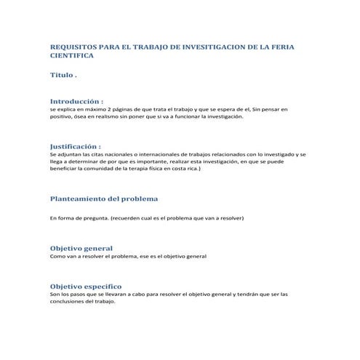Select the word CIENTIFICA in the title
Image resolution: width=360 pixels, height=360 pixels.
click(71, 55)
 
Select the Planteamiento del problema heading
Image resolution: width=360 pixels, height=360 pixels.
click(103, 198)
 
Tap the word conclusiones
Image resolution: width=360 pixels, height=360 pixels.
click(69, 302)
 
